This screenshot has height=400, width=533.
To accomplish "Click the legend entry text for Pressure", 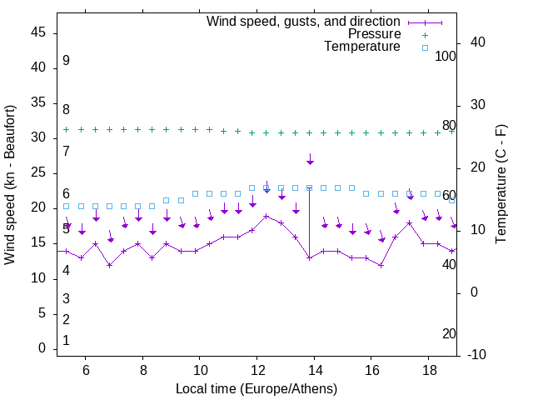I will (x=374, y=34).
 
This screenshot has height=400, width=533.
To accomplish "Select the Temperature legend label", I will (x=362, y=47).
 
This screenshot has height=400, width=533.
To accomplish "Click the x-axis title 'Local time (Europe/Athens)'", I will (x=257, y=389).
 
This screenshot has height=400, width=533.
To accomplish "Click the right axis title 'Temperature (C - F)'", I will (x=501, y=185).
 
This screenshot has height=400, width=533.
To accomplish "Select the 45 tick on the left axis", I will (x=39, y=32).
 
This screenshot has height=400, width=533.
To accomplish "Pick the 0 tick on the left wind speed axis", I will (x=42, y=349).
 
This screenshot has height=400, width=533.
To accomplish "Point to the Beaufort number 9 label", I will (x=66, y=61).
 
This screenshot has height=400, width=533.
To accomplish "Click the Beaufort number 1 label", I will (x=66, y=340).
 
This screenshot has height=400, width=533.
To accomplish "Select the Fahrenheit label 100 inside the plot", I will (x=446, y=56).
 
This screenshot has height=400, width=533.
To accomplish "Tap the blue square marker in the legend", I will (x=424, y=47).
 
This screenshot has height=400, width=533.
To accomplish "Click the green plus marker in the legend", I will (x=424, y=35).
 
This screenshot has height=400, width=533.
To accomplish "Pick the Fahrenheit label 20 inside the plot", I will (x=449, y=333).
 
